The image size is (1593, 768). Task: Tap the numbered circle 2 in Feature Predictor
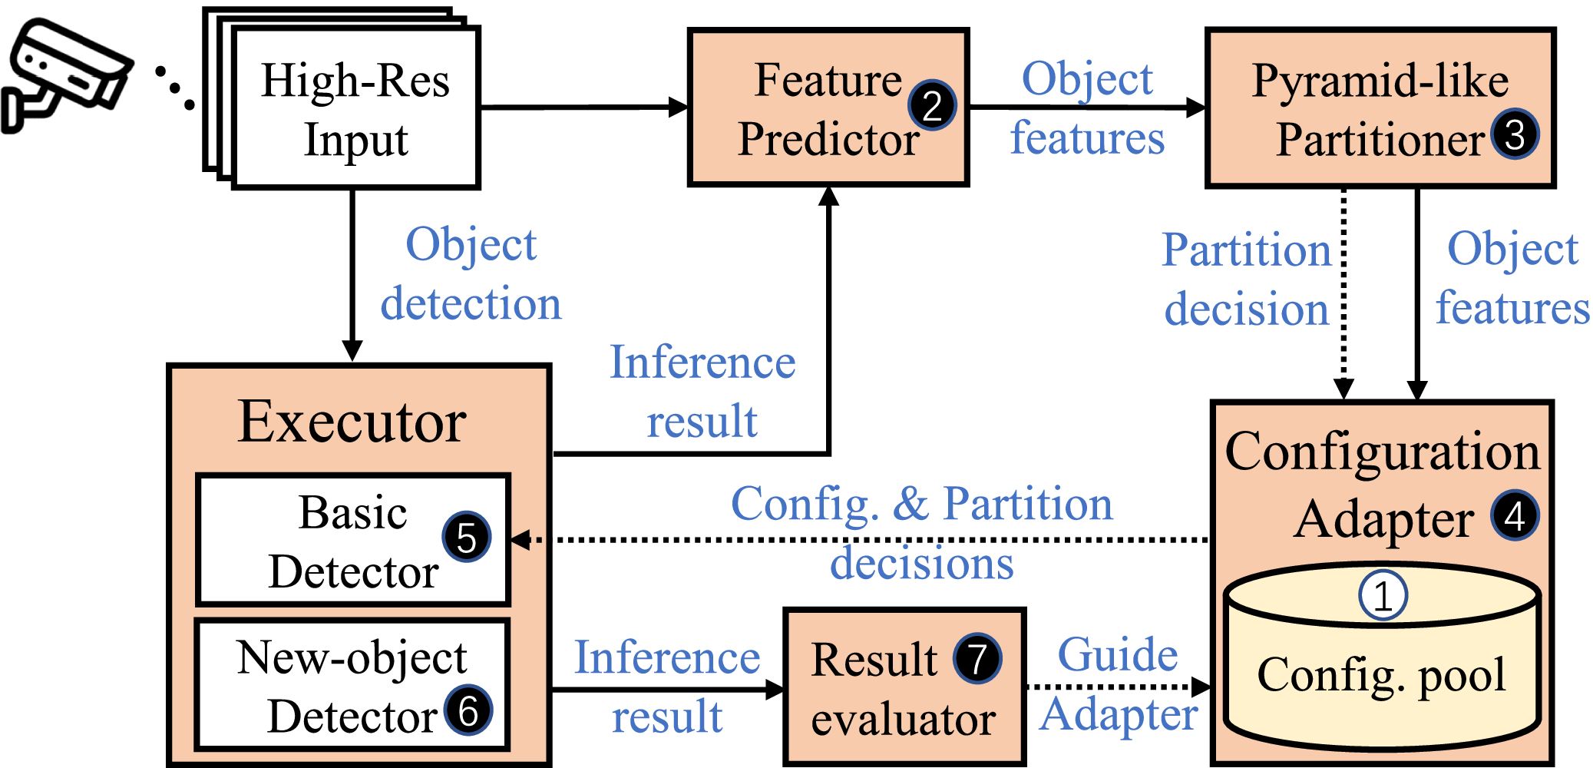coord(932,105)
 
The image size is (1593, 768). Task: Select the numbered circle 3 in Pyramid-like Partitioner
coord(1515,134)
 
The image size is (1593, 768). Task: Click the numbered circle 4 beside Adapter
coord(1515,515)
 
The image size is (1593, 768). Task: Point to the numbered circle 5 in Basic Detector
coord(466,537)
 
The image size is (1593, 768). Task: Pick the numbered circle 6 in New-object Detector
coord(468,710)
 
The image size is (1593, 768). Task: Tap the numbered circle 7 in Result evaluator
coord(977,658)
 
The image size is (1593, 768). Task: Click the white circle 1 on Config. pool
coord(1383,595)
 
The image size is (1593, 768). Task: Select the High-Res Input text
coord(355,110)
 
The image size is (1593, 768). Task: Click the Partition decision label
coord(1247,280)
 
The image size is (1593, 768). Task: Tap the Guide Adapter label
coord(1119,684)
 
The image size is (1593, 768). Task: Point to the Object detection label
coord(471,274)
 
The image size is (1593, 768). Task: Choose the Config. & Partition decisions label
coord(922,533)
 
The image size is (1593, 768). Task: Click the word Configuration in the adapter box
coord(1383,451)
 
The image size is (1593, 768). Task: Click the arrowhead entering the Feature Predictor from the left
coord(679,108)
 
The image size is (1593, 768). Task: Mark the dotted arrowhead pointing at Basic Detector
coord(521,540)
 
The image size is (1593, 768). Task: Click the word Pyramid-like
coord(1380,81)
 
